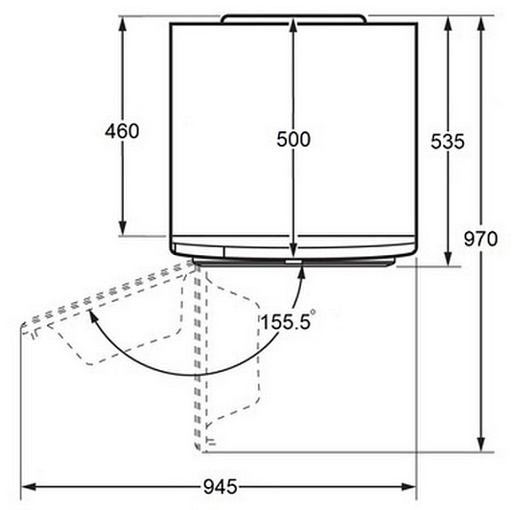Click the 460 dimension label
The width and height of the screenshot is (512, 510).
[x=122, y=131]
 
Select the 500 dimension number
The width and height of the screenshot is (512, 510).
[x=293, y=139]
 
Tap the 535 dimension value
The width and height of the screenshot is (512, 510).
[x=448, y=142]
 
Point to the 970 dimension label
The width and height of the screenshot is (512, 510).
[x=480, y=239]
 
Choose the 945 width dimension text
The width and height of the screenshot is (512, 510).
[x=221, y=487]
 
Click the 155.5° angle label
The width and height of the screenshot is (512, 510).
[x=288, y=321]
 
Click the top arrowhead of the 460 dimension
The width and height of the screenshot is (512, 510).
[x=123, y=24]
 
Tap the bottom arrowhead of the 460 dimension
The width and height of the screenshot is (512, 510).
[x=123, y=228]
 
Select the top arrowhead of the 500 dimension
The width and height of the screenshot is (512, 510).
[x=292, y=25]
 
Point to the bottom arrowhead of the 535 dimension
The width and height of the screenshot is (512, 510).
[x=449, y=259]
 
